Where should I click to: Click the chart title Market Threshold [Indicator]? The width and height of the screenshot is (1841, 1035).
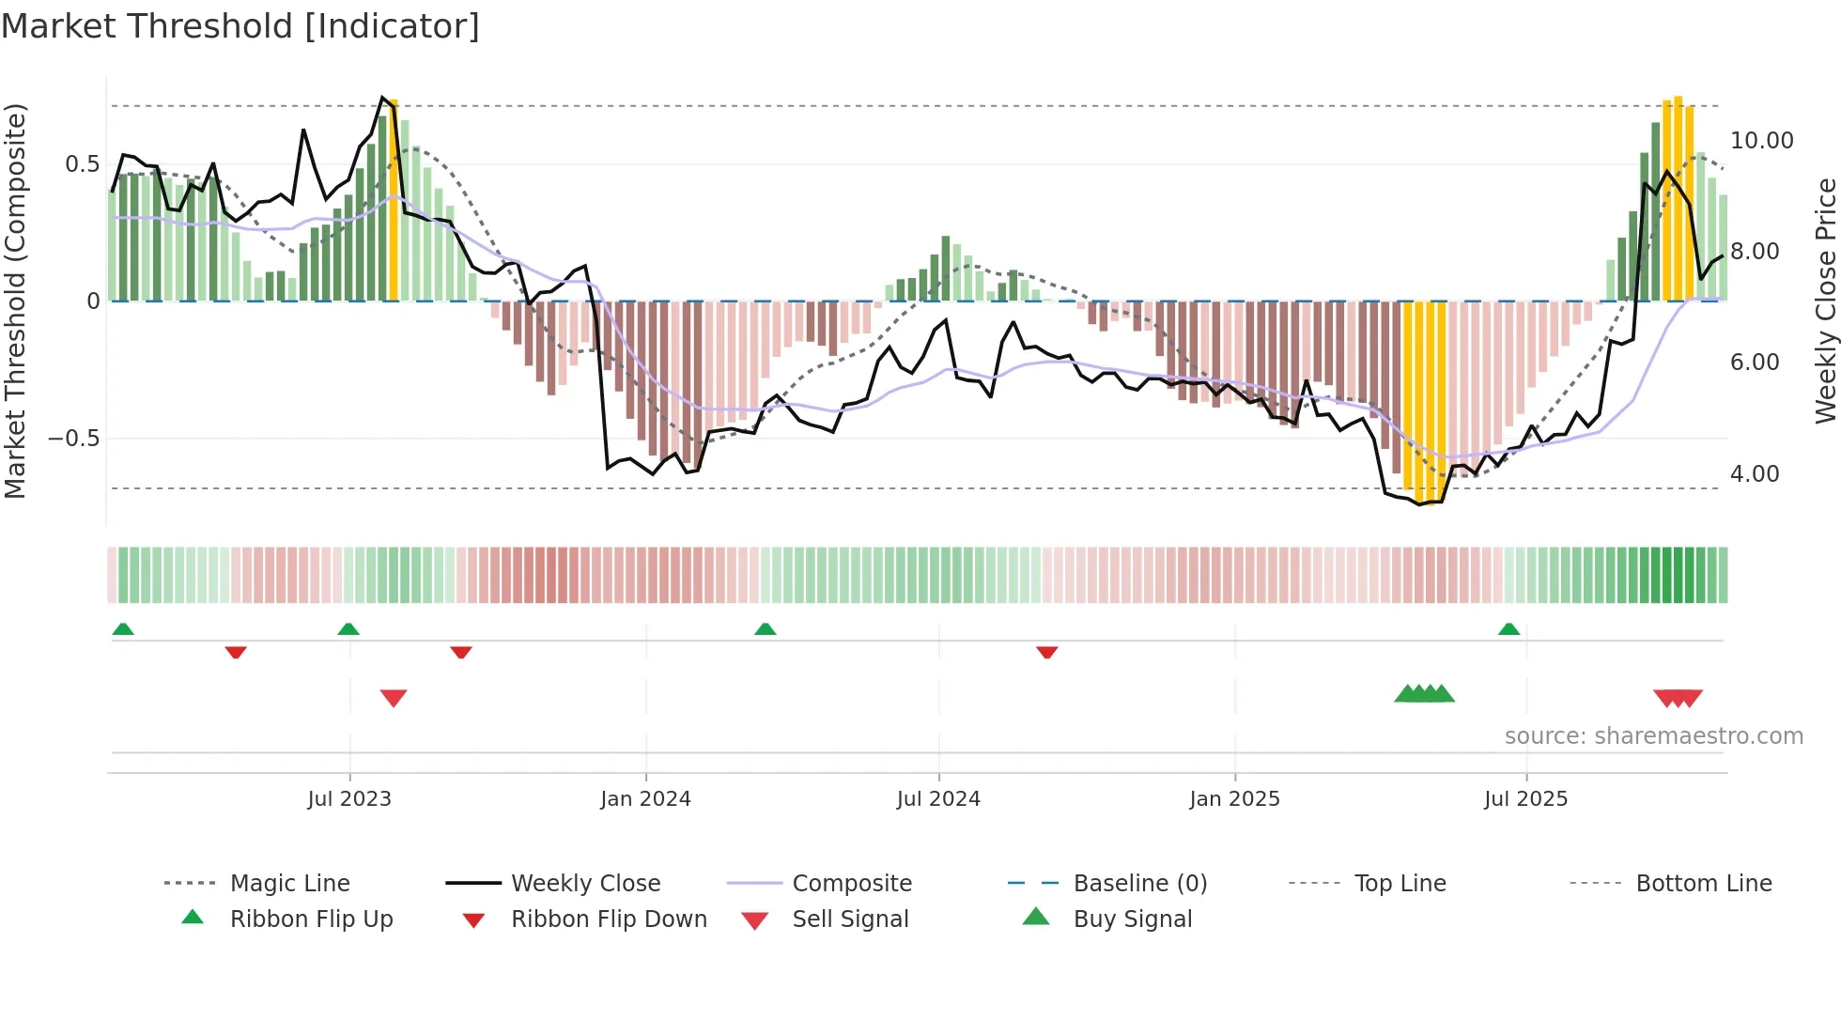coord(240,26)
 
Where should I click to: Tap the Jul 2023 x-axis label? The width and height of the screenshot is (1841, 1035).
coord(349,799)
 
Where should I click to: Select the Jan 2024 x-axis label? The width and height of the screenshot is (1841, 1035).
coord(645,799)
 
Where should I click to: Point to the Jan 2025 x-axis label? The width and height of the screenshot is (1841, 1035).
coord(1234,799)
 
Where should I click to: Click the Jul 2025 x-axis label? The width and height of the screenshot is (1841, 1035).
coord(1525,799)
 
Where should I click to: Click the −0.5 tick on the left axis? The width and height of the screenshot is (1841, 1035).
coord(73,439)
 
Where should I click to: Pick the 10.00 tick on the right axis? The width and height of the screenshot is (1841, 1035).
coord(1761,141)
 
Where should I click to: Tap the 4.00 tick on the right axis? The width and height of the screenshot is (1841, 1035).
coord(1754,474)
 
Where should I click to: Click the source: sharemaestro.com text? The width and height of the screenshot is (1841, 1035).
coord(1653,736)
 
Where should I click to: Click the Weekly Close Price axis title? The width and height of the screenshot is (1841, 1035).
coord(1825,301)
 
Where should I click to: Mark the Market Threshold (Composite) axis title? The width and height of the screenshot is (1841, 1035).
coord(15,301)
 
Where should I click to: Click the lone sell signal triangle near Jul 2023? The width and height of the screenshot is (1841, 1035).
coord(394,698)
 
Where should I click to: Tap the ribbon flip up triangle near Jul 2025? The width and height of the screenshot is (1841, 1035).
coord(1508,629)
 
